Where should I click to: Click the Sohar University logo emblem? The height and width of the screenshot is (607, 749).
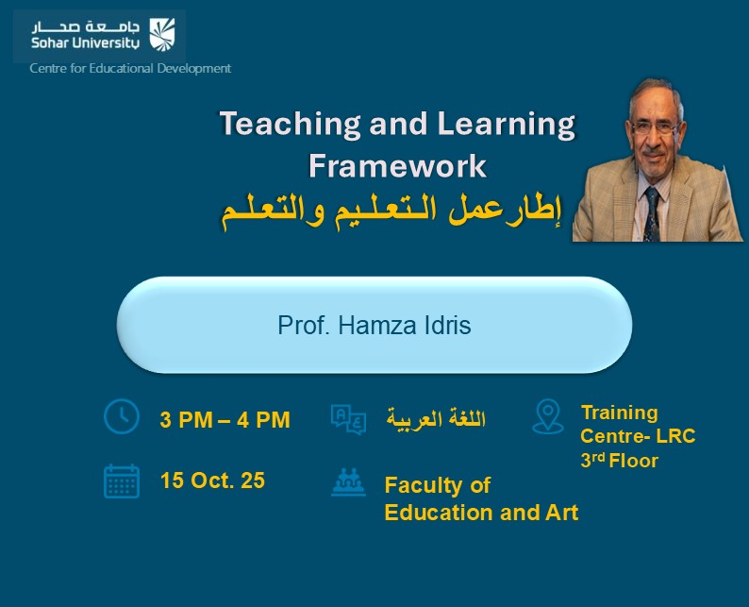162,35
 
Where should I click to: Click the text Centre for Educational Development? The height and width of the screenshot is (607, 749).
130,68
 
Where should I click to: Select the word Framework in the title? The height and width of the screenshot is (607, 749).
397,166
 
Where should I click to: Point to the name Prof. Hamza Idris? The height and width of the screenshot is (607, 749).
374,326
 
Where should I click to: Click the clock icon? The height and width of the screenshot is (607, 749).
121,416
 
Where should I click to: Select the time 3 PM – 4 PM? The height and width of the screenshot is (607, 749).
225,419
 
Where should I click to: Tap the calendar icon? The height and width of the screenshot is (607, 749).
122,481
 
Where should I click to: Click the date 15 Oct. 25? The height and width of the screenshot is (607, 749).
212,481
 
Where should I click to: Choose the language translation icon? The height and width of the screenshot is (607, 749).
348,419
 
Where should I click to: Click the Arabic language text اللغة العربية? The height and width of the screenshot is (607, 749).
436,419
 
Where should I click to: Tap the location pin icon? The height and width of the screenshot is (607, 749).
547,416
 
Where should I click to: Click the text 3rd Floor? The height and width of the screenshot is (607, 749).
619,461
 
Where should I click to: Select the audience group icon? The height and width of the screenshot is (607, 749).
348,483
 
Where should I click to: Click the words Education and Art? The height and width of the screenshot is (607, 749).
481,513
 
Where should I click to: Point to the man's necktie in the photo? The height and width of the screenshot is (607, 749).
652,212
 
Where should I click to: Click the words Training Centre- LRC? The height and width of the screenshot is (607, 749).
637,424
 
